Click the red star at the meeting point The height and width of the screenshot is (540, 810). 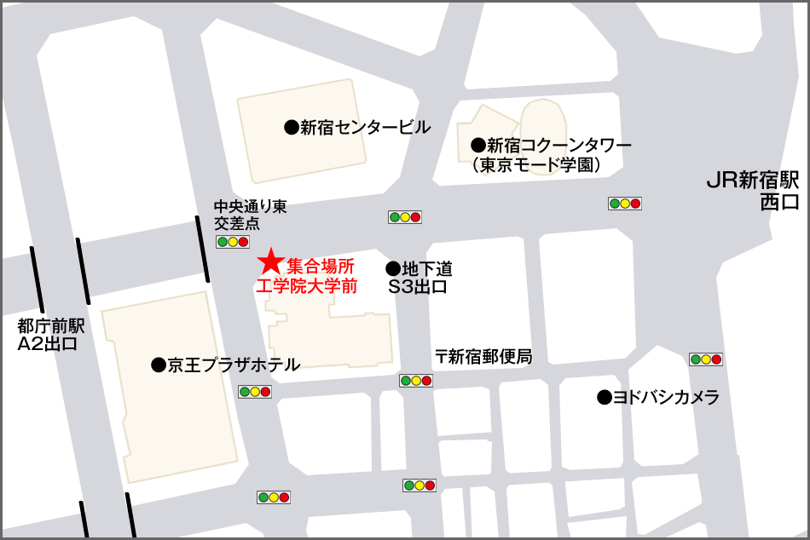point(270,262)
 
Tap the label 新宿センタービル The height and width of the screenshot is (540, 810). point(365,128)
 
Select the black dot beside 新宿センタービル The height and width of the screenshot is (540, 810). point(291,128)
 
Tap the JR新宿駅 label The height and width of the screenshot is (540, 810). point(753,181)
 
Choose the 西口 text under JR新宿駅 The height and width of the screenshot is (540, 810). point(780,202)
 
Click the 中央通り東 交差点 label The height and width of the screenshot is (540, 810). point(239,214)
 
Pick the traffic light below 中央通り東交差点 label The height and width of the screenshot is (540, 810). point(234,242)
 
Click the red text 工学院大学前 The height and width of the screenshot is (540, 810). point(307,286)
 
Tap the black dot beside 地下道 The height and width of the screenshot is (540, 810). point(393,268)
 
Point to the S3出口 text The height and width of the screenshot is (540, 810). point(418,287)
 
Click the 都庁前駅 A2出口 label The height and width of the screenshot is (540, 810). point(48,335)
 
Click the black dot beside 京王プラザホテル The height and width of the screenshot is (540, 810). point(158,365)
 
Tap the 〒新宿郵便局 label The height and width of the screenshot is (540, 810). point(483,357)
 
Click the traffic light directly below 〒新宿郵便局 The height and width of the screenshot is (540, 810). point(416,381)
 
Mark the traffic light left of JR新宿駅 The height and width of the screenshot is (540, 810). point(624,204)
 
